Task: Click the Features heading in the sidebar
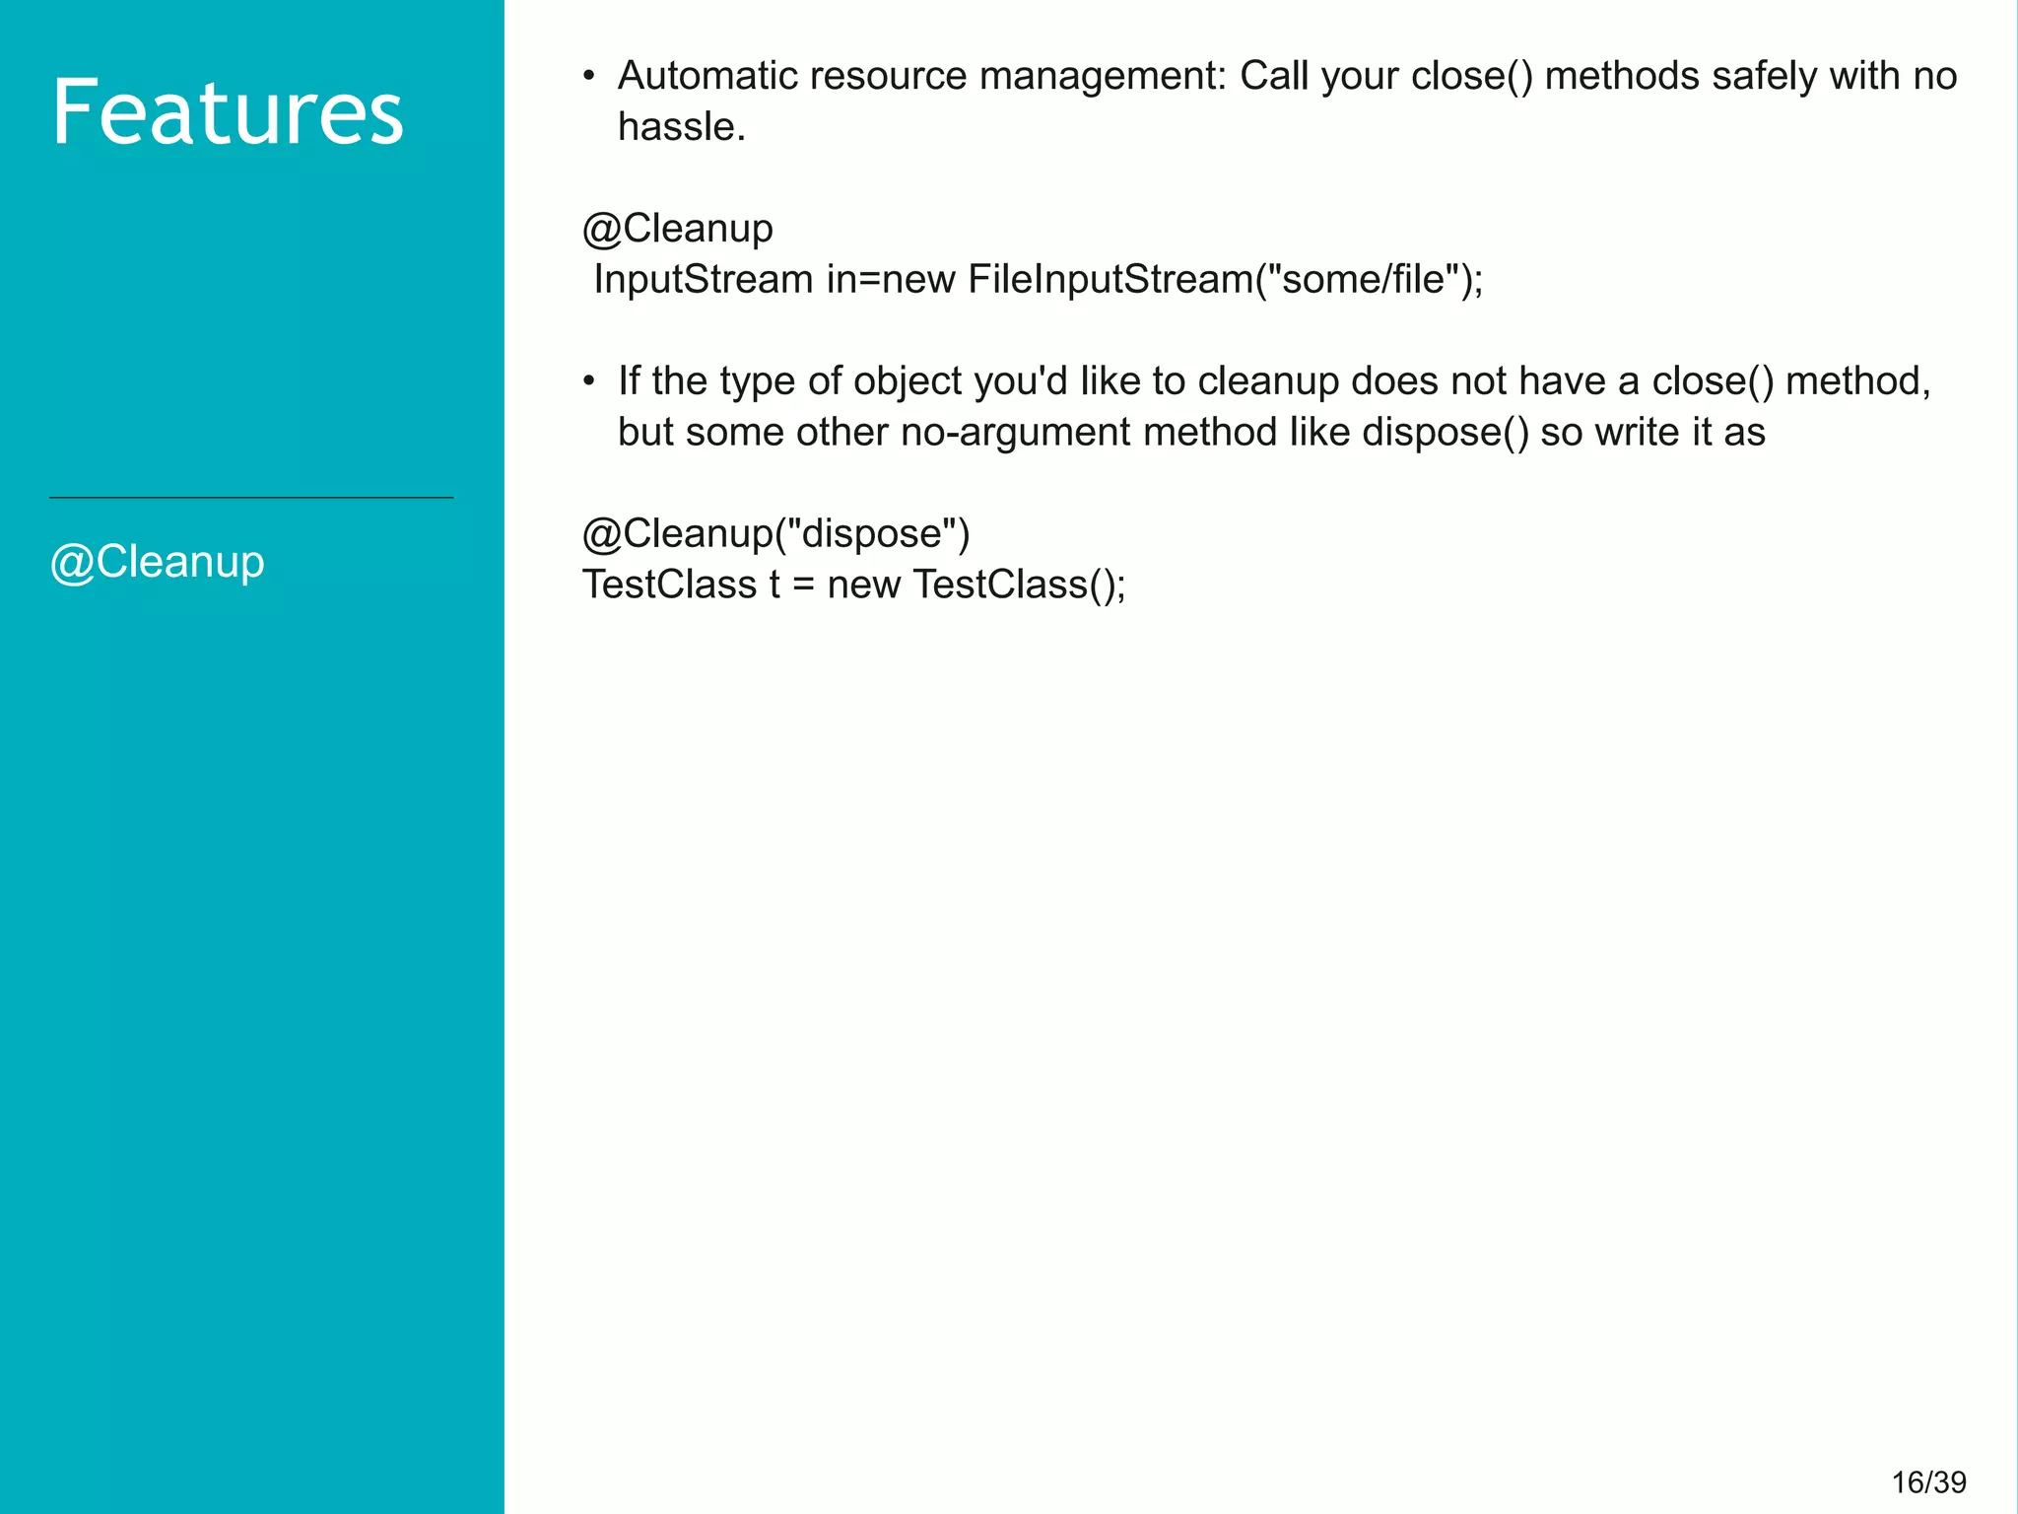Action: click(x=228, y=113)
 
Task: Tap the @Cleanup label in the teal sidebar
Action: click(x=158, y=562)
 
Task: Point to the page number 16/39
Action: click(x=1928, y=1481)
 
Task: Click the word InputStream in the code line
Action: click(x=704, y=280)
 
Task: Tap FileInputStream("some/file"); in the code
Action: click(x=1225, y=280)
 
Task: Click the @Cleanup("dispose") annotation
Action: click(x=775, y=533)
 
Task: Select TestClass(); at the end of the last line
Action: click(x=1019, y=585)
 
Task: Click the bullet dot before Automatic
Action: click(x=589, y=76)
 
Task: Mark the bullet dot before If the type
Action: click(x=589, y=380)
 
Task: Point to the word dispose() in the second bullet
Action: click(x=1446, y=432)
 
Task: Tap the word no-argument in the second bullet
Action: click(x=1016, y=432)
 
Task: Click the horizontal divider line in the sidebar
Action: click(x=251, y=498)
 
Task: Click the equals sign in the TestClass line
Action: click(x=803, y=585)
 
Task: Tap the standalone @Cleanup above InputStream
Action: click(x=677, y=229)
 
